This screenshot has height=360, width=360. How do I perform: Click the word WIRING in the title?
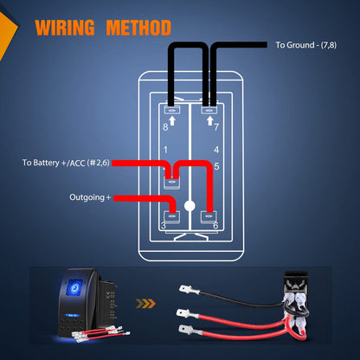click(66, 29)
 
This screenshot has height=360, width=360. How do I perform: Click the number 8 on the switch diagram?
click(166, 127)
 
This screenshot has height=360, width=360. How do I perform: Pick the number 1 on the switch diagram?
click(165, 151)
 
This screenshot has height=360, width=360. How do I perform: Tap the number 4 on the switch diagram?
click(215, 151)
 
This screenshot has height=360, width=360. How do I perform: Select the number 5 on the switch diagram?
click(215, 166)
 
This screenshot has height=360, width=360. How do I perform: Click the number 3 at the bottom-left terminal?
click(164, 227)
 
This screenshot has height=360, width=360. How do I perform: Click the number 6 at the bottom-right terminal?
click(215, 227)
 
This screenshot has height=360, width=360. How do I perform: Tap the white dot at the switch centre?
click(190, 206)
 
